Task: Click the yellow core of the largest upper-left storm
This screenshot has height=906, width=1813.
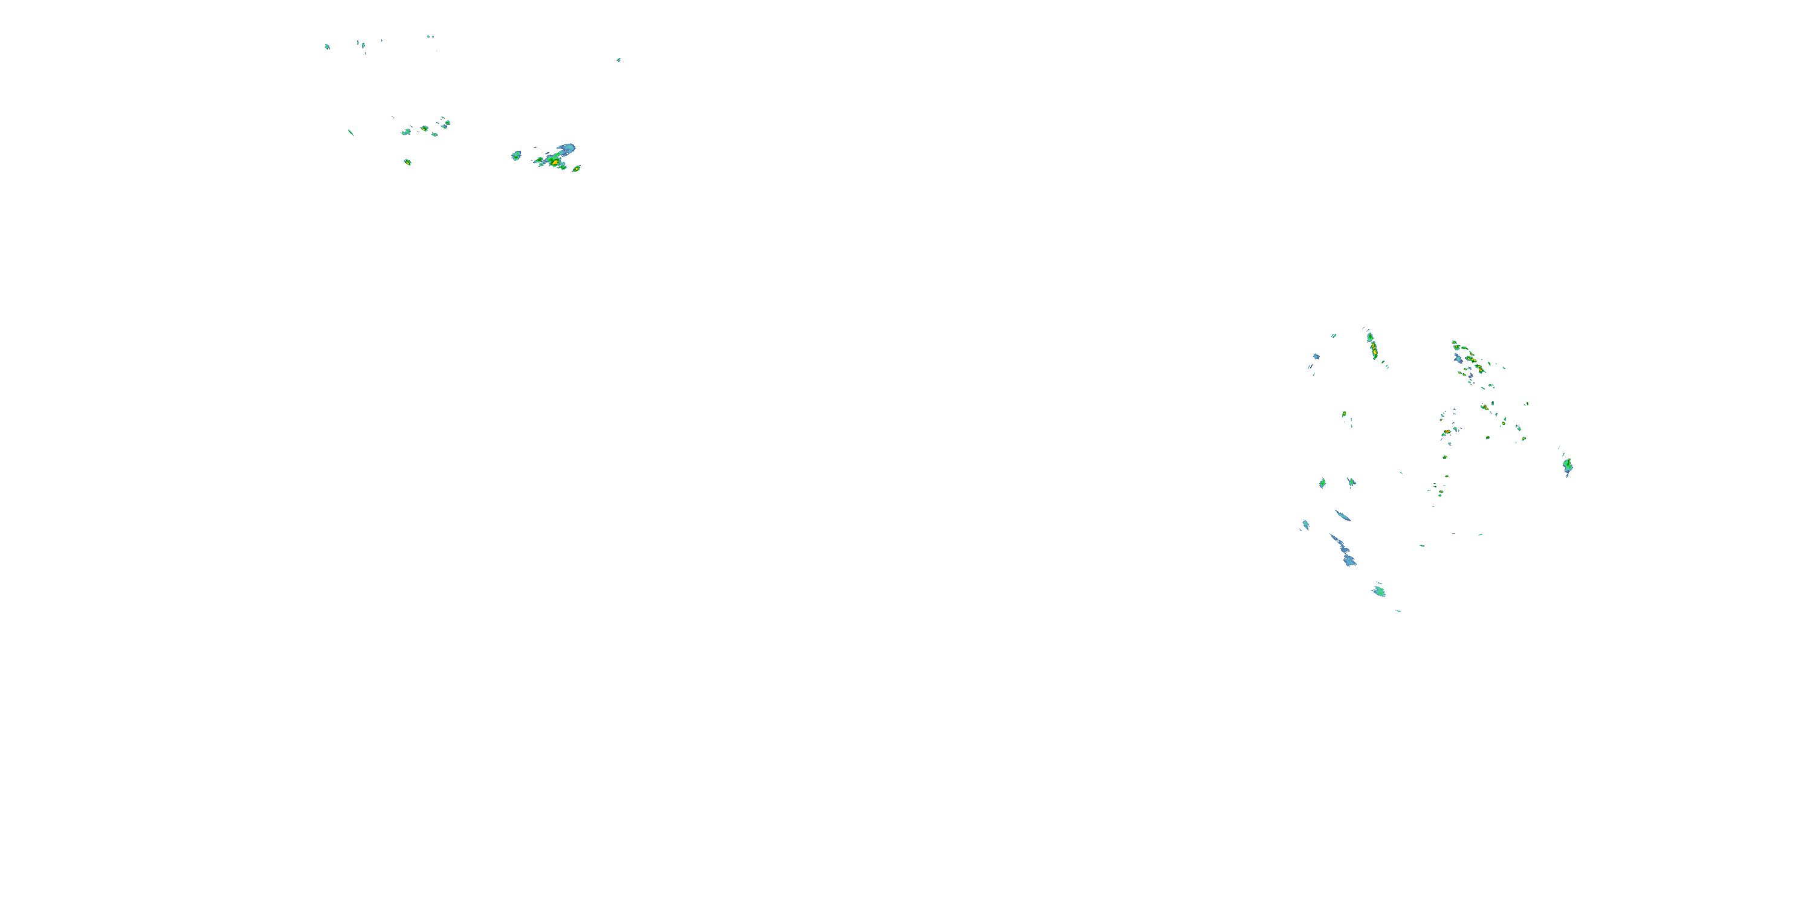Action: [555, 162]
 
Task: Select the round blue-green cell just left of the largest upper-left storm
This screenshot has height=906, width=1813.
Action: [516, 155]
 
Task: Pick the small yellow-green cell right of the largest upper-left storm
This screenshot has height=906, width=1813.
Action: [577, 169]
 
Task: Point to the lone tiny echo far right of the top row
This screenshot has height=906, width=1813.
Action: [619, 60]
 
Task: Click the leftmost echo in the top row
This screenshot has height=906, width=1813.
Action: [328, 47]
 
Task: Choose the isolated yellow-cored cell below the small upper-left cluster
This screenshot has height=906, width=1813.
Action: [407, 162]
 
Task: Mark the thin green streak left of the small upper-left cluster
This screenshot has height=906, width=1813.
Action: [351, 132]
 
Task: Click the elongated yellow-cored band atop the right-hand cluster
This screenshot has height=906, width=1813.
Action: [1372, 347]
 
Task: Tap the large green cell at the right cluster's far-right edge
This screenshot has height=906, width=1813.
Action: [1568, 465]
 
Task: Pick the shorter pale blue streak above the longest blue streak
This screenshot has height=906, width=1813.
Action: [1343, 516]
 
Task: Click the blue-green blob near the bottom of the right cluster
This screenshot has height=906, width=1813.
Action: [1378, 591]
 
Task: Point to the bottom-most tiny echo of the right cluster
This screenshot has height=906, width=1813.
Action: [1398, 611]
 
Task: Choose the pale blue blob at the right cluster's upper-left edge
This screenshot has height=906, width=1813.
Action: [1316, 356]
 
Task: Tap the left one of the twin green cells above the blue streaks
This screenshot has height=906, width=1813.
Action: [1322, 483]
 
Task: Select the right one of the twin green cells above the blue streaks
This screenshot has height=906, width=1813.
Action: [1351, 482]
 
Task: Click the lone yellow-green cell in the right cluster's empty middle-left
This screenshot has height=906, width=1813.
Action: [1344, 414]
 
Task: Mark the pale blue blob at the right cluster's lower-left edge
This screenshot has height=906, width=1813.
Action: [1305, 525]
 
